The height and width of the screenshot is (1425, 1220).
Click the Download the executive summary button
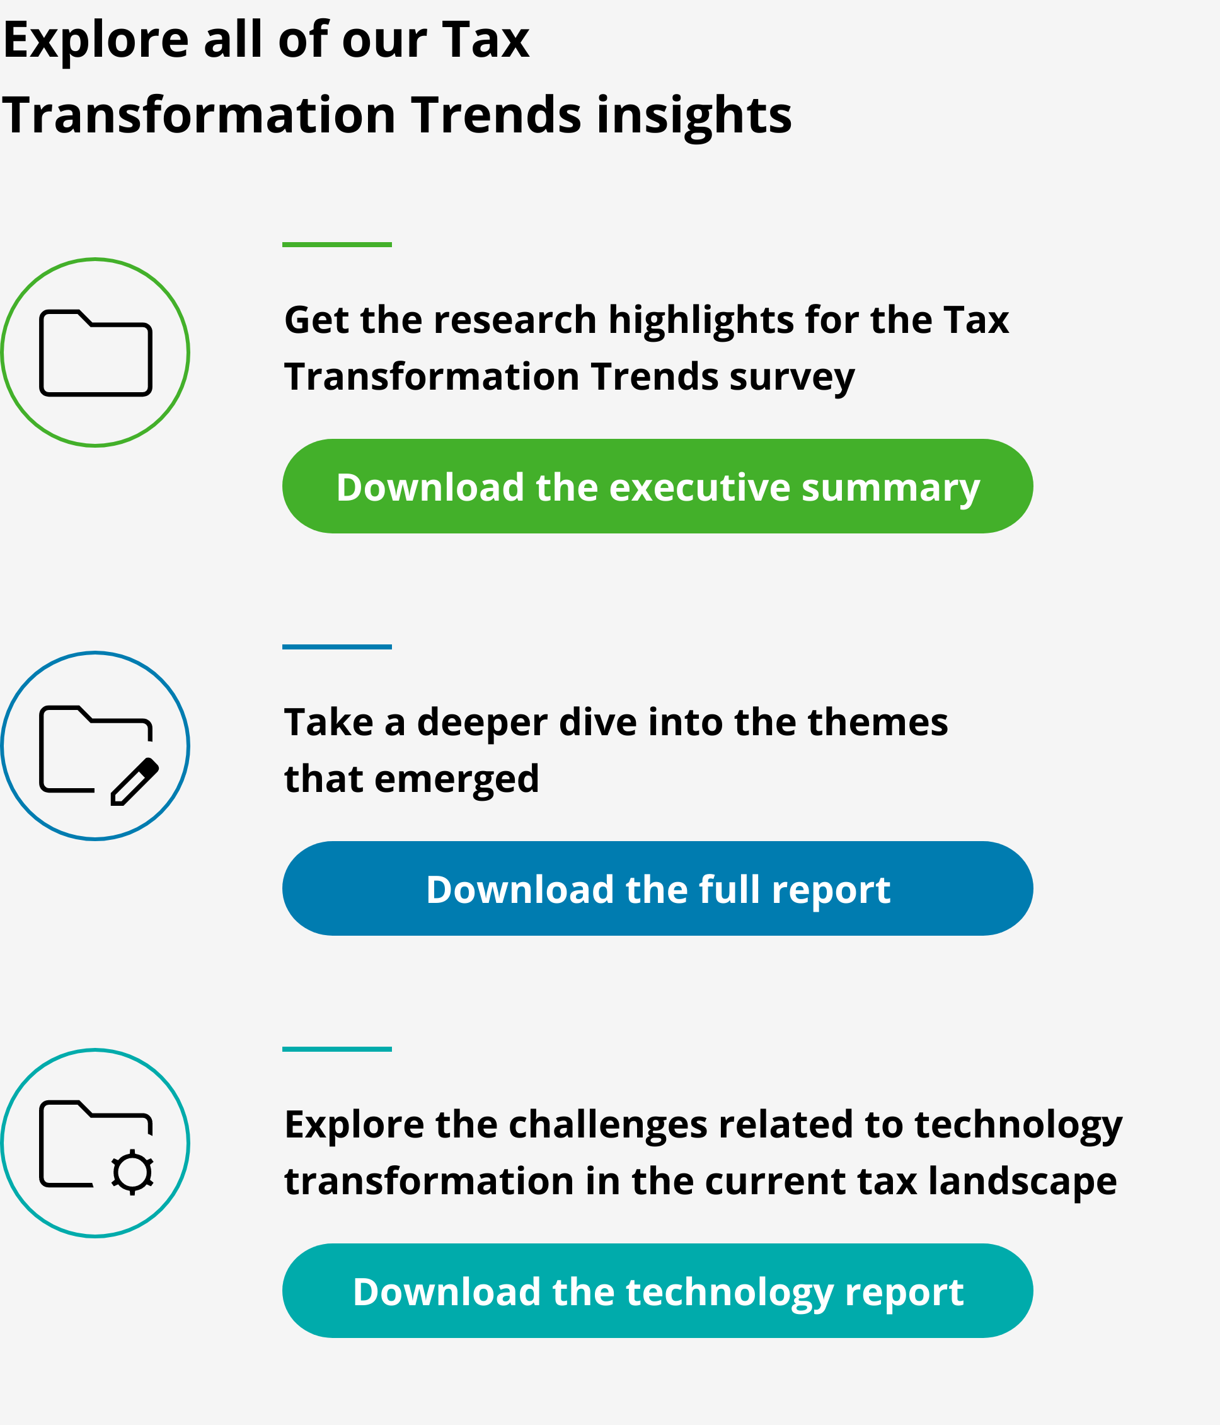click(x=657, y=486)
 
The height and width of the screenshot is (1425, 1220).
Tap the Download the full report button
click(x=657, y=888)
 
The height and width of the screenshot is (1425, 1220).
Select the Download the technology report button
click(x=657, y=1291)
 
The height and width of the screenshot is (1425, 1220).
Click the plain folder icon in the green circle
click(x=96, y=353)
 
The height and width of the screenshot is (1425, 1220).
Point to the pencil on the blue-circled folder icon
click(x=135, y=781)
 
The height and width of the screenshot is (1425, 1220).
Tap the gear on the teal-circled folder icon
click(x=132, y=1173)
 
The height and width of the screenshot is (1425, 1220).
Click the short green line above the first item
click(x=337, y=244)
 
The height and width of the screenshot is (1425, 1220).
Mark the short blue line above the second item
click(x=337, y=646)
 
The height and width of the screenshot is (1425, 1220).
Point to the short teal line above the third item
click(x=337, y=1049)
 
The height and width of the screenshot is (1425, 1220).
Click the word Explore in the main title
click(x=96, y=40)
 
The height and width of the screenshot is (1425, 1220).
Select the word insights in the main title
click(x=694, y=115)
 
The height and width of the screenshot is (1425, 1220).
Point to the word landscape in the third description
click(x=1022, y=1182)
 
